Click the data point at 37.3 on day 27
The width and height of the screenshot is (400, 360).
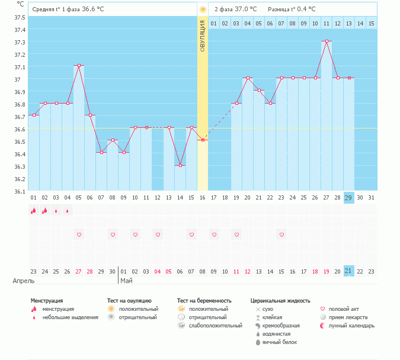[326, 41]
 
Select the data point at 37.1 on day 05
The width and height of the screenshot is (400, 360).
[79, 66]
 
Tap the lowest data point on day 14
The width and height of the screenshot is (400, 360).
[180, 165]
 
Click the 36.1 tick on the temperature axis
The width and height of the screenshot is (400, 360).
[20, 191]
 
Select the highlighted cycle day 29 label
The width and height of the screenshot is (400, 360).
[348, 198]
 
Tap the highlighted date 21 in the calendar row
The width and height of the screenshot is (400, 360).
[348, 271]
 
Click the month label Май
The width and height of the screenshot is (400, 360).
[126, 281]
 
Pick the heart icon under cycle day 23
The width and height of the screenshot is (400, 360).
[281, 234]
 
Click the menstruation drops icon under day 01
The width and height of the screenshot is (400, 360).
[34, 210]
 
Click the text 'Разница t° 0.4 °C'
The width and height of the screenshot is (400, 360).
[292, 9]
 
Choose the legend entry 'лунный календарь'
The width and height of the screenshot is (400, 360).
[351, 326]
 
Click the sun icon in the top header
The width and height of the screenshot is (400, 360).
[203, 9]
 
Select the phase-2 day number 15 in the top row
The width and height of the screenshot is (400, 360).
[371, 23]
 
